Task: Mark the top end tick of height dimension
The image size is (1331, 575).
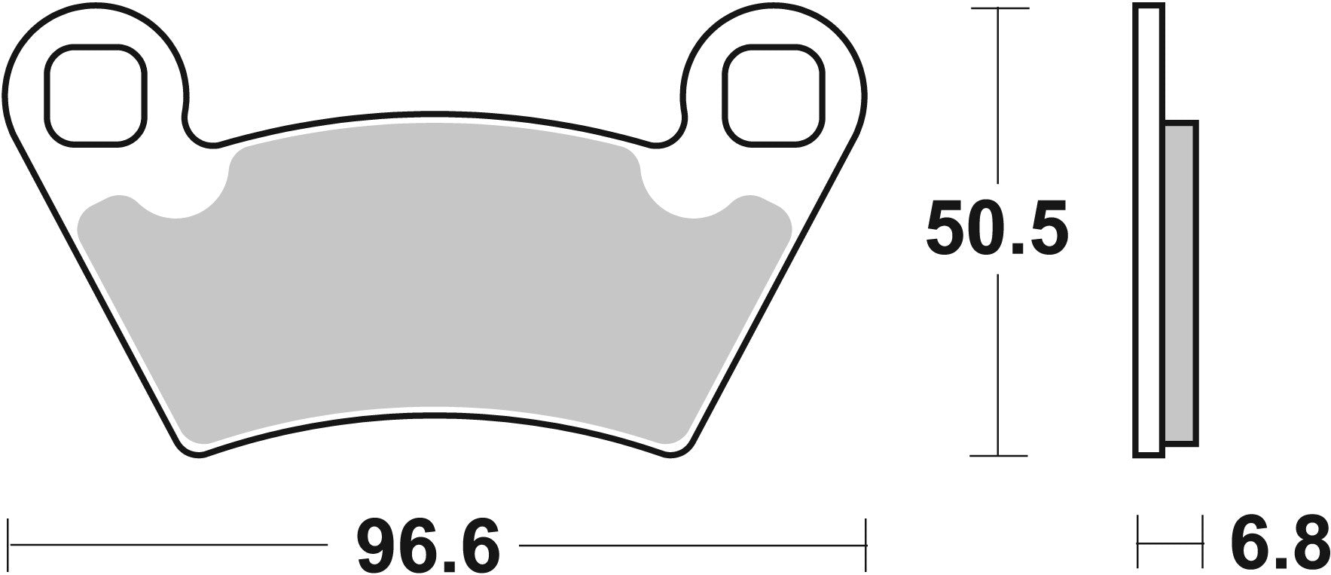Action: [x=999, y=9]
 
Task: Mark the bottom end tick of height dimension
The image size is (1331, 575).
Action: [x=999, y=456]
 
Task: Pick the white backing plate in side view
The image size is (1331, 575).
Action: [x=1148, y=226]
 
